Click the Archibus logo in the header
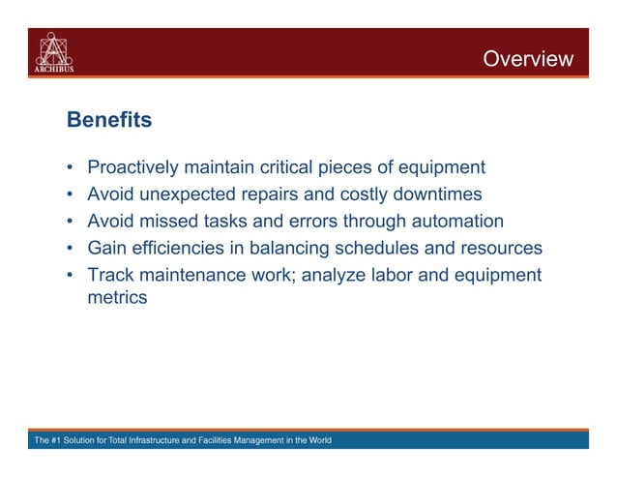[x=55, y=52]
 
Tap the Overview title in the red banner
[x=527, y=60]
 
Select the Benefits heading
[x=109, y=121]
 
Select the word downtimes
[x=432, y=194]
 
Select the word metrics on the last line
[x=117, y=298]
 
